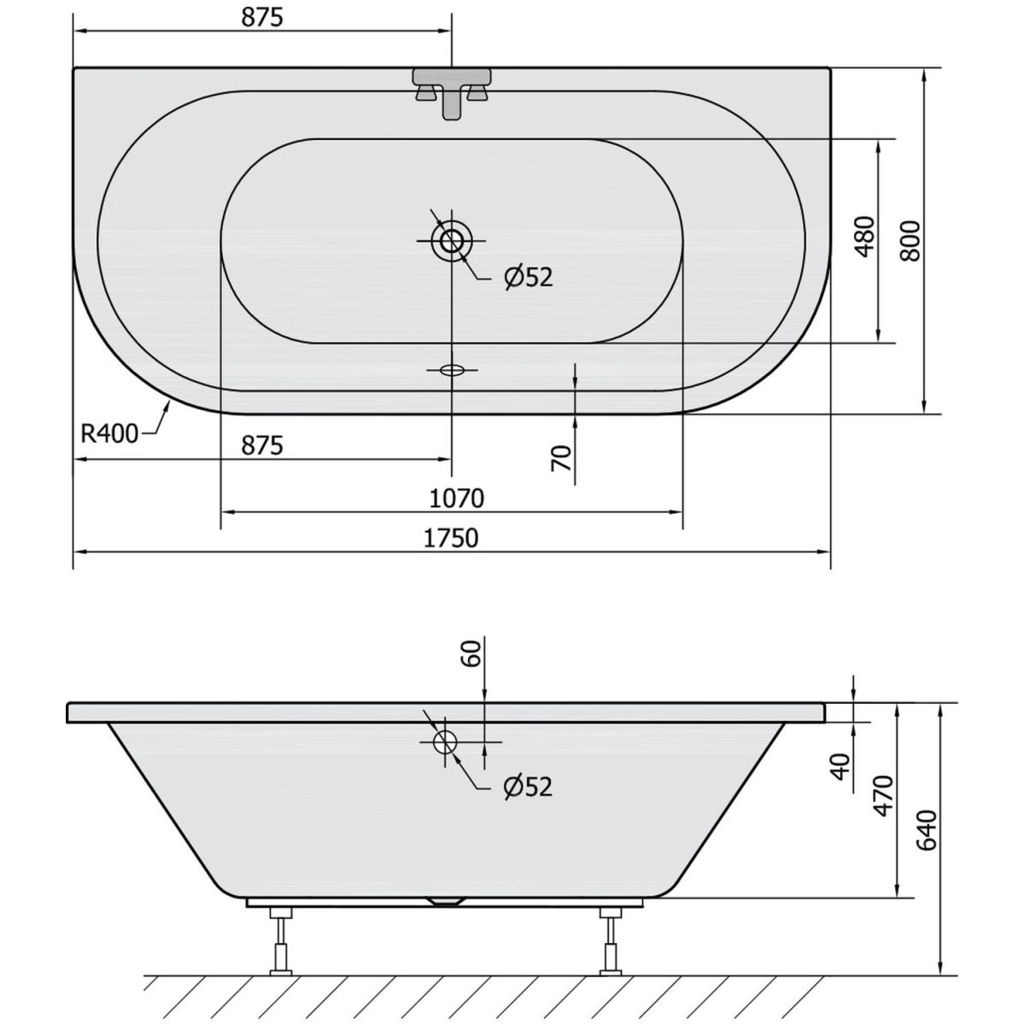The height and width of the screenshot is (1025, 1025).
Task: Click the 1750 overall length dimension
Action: point(451,538)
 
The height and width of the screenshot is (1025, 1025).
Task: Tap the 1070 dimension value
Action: point(456,498)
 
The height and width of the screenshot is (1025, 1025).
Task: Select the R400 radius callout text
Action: point(109,434)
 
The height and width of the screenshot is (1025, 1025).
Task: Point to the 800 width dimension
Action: point(911,240)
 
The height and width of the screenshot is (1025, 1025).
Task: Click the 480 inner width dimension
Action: point(864,237)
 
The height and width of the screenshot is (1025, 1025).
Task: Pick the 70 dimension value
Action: point(562,458)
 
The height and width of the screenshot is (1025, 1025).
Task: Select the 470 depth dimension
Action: point(883,796)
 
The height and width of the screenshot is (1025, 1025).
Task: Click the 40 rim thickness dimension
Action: point(841,766)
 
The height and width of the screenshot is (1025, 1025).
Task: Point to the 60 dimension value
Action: point(471,653)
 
